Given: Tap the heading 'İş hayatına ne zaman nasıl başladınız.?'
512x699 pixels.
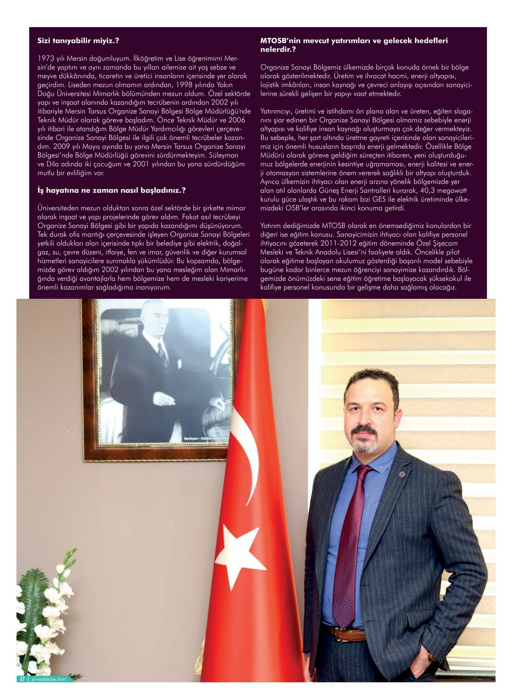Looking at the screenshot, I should [x=111, y=190].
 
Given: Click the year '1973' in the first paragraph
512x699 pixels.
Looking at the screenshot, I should [x=46, y=58].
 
